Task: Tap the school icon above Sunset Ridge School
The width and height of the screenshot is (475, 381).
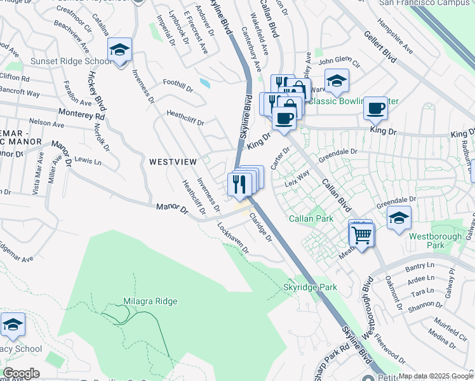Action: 119,49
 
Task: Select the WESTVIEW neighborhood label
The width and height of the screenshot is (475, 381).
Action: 173,162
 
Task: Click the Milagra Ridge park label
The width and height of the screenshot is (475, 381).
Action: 151,301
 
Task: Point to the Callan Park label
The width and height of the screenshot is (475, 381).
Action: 311,218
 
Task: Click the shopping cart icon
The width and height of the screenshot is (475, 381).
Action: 361,234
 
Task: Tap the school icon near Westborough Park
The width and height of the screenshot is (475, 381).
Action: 399,218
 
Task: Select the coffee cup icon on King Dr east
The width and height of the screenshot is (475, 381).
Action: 376,108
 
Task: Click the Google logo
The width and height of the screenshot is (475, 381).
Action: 20,373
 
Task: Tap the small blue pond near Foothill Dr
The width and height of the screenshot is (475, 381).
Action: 204,83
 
